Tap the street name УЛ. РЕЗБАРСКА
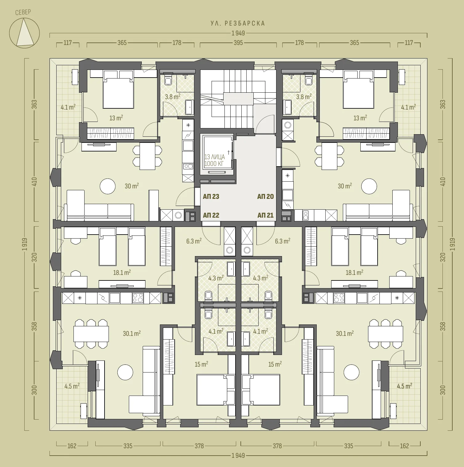tap(238, 23)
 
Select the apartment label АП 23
tap(211, 196)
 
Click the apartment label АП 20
tap(265, 196)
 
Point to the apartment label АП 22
tap(211, 215)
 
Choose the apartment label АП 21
tap(265, 215)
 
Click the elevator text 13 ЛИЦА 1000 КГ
tap(215, 160)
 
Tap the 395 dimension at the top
tap(238, 43)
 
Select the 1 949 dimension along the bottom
tap(238, 455)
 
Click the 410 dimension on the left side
tap(34, 181)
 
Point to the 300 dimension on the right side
tap(442, 390)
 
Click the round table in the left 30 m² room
tap(108, 186)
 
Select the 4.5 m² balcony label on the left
tap(72, 386)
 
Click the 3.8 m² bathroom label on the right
tap(304, 97)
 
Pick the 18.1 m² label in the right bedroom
tap(355, 272)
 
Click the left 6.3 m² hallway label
tap(194, 241)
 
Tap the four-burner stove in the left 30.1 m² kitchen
tap(138, 298)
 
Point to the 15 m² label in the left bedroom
tap(201, 364)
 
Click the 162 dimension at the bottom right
tap(404, 446)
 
